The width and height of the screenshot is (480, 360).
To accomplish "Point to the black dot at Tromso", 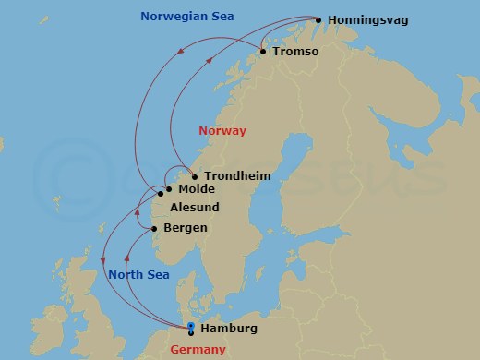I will (x=263, y=52).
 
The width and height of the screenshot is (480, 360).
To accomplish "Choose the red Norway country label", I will (x=222, y=131).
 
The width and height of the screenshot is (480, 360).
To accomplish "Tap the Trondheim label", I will (x=237, y=176).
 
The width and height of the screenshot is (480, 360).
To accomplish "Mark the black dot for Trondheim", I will (x=195, y=176).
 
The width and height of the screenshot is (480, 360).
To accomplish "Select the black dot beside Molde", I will (x=168, y=189).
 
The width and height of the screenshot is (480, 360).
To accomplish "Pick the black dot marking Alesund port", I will (x=161, y=195).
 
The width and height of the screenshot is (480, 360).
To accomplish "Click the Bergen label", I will (x=185, y=228).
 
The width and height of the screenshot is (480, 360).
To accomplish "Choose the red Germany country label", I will (x=198, y=350).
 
